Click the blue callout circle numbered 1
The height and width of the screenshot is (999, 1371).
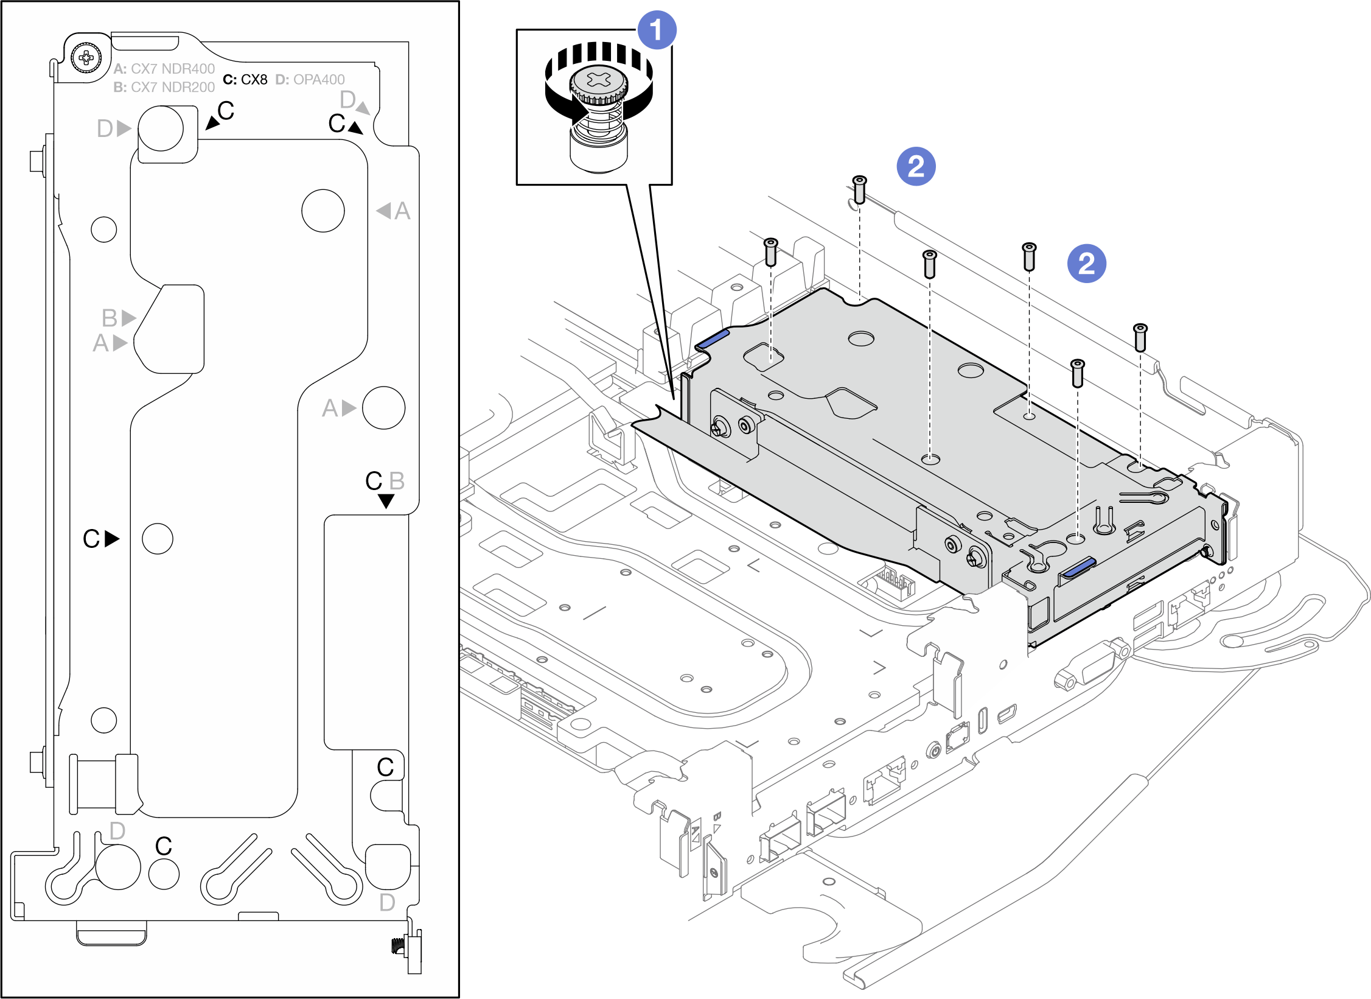click(656, 30)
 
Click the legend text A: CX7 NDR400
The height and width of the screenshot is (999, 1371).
click(164, 69)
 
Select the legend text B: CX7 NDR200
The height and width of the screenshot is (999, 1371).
click(164, 87)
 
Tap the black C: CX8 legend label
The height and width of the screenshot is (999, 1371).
click(245, 80)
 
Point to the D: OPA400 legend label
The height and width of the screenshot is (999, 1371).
click(310, 80)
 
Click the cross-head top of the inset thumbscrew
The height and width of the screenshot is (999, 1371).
click(599, 80)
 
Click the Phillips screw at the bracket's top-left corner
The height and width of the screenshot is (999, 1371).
click(86, 58)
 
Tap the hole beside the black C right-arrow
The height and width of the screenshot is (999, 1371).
click(158, 539)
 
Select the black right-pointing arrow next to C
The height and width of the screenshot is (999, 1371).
click(111, 539)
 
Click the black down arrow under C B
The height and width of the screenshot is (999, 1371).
click(386, 501)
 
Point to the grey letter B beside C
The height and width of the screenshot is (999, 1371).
click(397, 481)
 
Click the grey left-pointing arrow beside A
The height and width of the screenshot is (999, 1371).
click(383, 211)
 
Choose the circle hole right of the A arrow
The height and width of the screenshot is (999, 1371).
click(383, 408)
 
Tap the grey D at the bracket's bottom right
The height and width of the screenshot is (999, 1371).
click(387, 903)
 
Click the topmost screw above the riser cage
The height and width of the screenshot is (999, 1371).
click(859, 189)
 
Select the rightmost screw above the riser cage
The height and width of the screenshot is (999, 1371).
click(1140, 337)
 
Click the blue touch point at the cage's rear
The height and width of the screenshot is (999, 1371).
click(712, 338)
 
